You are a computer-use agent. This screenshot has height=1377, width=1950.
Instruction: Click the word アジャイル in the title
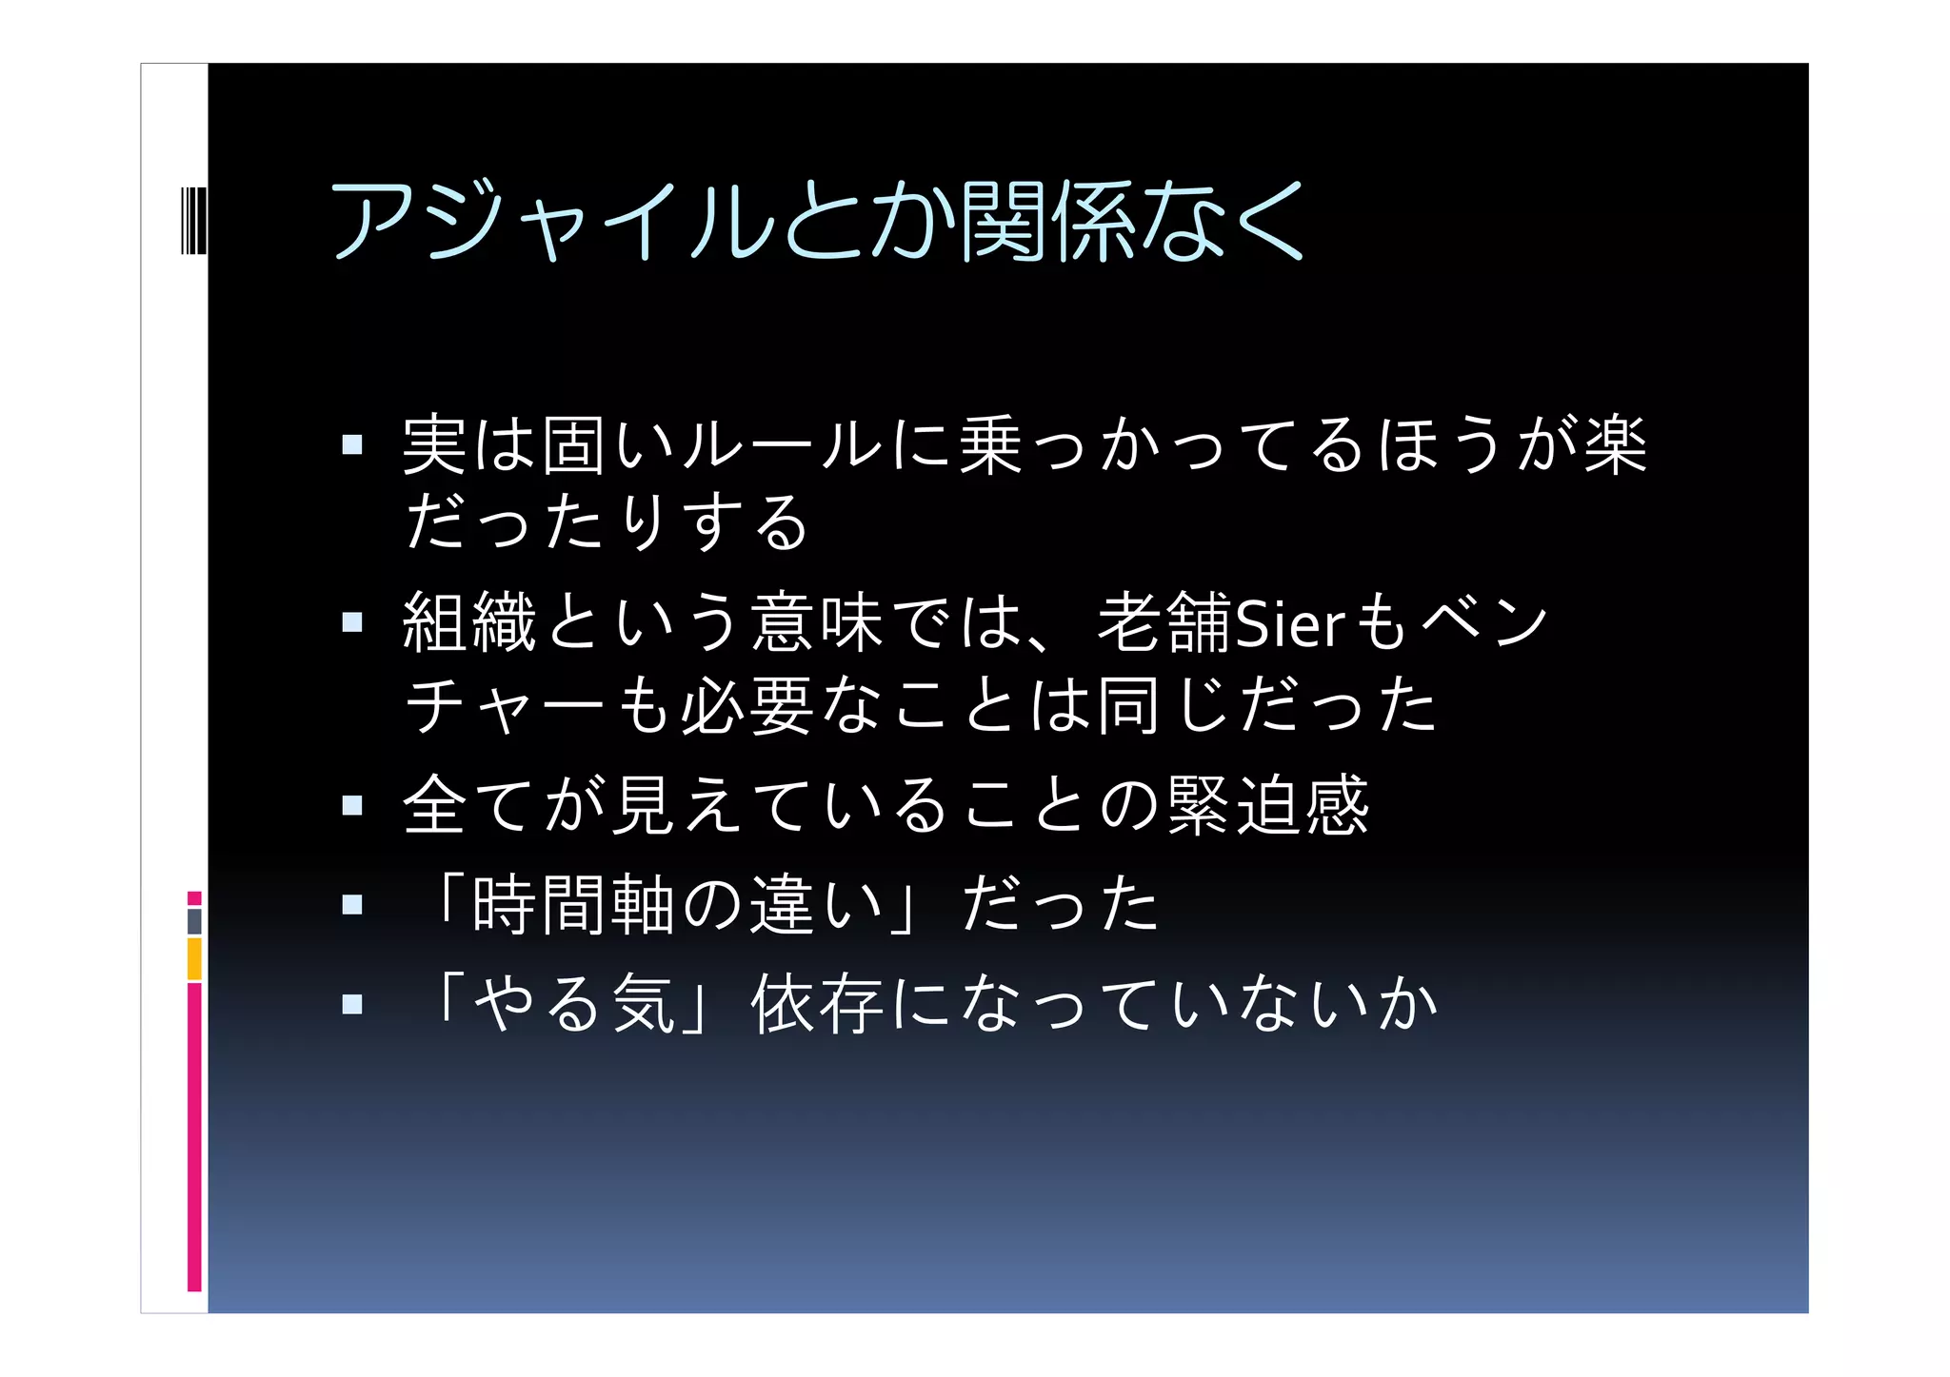point(552,221)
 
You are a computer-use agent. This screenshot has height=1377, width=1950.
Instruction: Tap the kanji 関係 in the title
point(1047,221)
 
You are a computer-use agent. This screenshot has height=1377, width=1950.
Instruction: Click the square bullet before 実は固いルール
point(352,444)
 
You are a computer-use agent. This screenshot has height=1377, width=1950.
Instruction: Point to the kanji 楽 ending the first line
point(1615,444)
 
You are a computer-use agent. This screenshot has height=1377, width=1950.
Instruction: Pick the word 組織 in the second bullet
point(469,623)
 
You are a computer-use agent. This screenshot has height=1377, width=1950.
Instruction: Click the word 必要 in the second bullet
point(747,706)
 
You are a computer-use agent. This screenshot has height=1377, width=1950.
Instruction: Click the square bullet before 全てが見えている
point(352,806)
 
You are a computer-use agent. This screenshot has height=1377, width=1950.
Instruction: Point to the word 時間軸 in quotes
point(573,904)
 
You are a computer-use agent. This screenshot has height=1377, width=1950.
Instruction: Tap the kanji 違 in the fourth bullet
point(782,904)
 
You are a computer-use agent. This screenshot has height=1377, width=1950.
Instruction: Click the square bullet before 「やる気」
point(352,1004)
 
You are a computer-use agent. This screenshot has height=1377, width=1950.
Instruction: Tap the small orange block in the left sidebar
point(194,959)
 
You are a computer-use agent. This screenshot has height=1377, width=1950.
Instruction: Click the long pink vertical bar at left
point(194,1137)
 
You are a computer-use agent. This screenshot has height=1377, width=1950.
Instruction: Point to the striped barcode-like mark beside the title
point(193,221)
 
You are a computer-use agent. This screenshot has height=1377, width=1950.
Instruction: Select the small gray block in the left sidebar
point(194,921)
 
